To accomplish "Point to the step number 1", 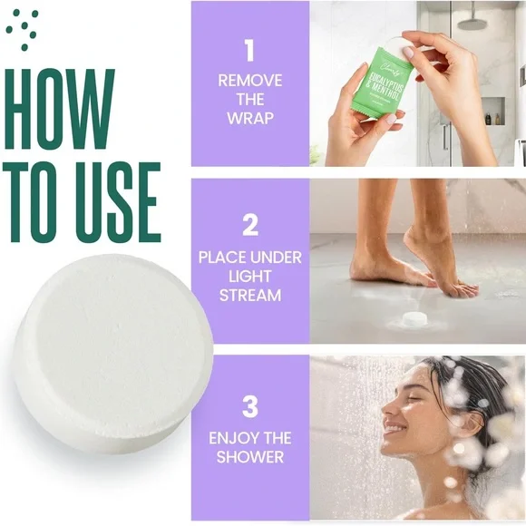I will (249, 50).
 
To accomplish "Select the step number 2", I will (249, 223).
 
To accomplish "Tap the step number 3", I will (249, 404).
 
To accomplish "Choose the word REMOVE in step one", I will (249, 80).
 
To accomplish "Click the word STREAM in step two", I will (249, 296).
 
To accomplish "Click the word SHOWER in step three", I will (249, 457).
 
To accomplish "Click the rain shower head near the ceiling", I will (472, 18).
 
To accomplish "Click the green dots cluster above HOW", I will (23, 25).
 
